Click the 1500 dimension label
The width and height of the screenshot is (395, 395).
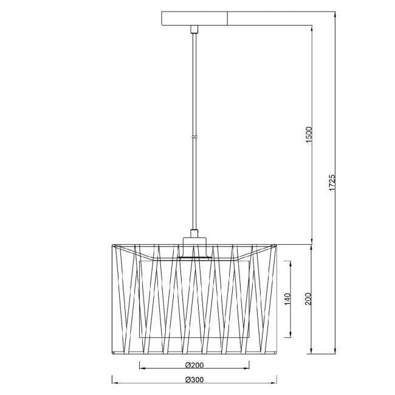(x=309, y=135)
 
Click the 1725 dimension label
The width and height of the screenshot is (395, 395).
(x=332, y=182)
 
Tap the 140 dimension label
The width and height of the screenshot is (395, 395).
(x=287, y=299)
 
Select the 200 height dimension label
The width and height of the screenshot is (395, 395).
(x=308, y=299)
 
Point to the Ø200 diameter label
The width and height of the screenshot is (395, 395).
(x=194, y=365)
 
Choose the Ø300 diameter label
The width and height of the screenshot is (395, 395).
(x=194, y=379)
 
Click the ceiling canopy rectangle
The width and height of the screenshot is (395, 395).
(x=194, y=18)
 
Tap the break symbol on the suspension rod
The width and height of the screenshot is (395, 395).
(x=194, y=137)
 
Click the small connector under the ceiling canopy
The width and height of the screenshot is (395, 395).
(x=194, y=29)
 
